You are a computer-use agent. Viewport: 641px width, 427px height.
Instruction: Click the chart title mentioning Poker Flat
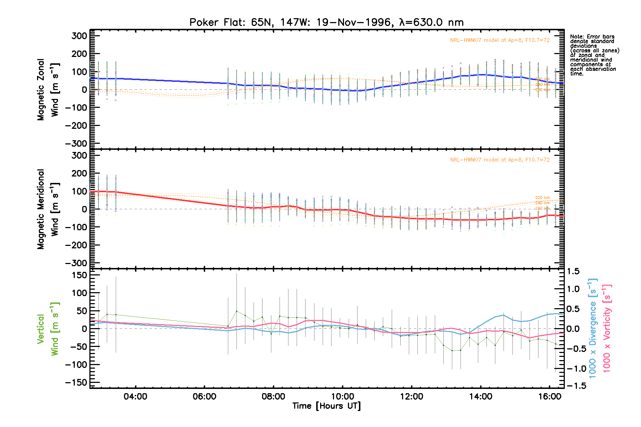[326, 22]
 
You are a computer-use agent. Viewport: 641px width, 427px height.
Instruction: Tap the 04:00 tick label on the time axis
[135, 397]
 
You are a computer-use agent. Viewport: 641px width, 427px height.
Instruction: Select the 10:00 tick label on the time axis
[343, 397]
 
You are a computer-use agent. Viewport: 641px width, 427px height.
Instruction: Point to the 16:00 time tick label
[549, 397]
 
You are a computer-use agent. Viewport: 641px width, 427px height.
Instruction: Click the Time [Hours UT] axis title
[327, 406]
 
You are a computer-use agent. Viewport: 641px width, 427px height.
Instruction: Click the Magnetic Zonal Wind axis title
[48, 90]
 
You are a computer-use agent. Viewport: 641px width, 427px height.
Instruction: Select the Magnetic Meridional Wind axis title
[48, 209]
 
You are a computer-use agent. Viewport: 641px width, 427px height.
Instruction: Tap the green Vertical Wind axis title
[48, 329]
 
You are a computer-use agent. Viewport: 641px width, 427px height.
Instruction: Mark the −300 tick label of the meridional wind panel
[76, 263]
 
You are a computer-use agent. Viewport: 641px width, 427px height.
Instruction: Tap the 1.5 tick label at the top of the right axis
[573, 272]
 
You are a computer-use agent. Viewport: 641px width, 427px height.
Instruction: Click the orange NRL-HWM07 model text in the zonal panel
[500, 40]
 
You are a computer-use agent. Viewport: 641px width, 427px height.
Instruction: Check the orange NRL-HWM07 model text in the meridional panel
[500, 160]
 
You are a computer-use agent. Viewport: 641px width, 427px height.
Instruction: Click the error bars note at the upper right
[594, 55]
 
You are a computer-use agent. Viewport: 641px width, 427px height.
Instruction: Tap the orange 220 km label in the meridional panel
[542, 198]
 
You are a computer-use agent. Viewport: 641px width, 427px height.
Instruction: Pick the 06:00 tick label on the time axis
[204, 397]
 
